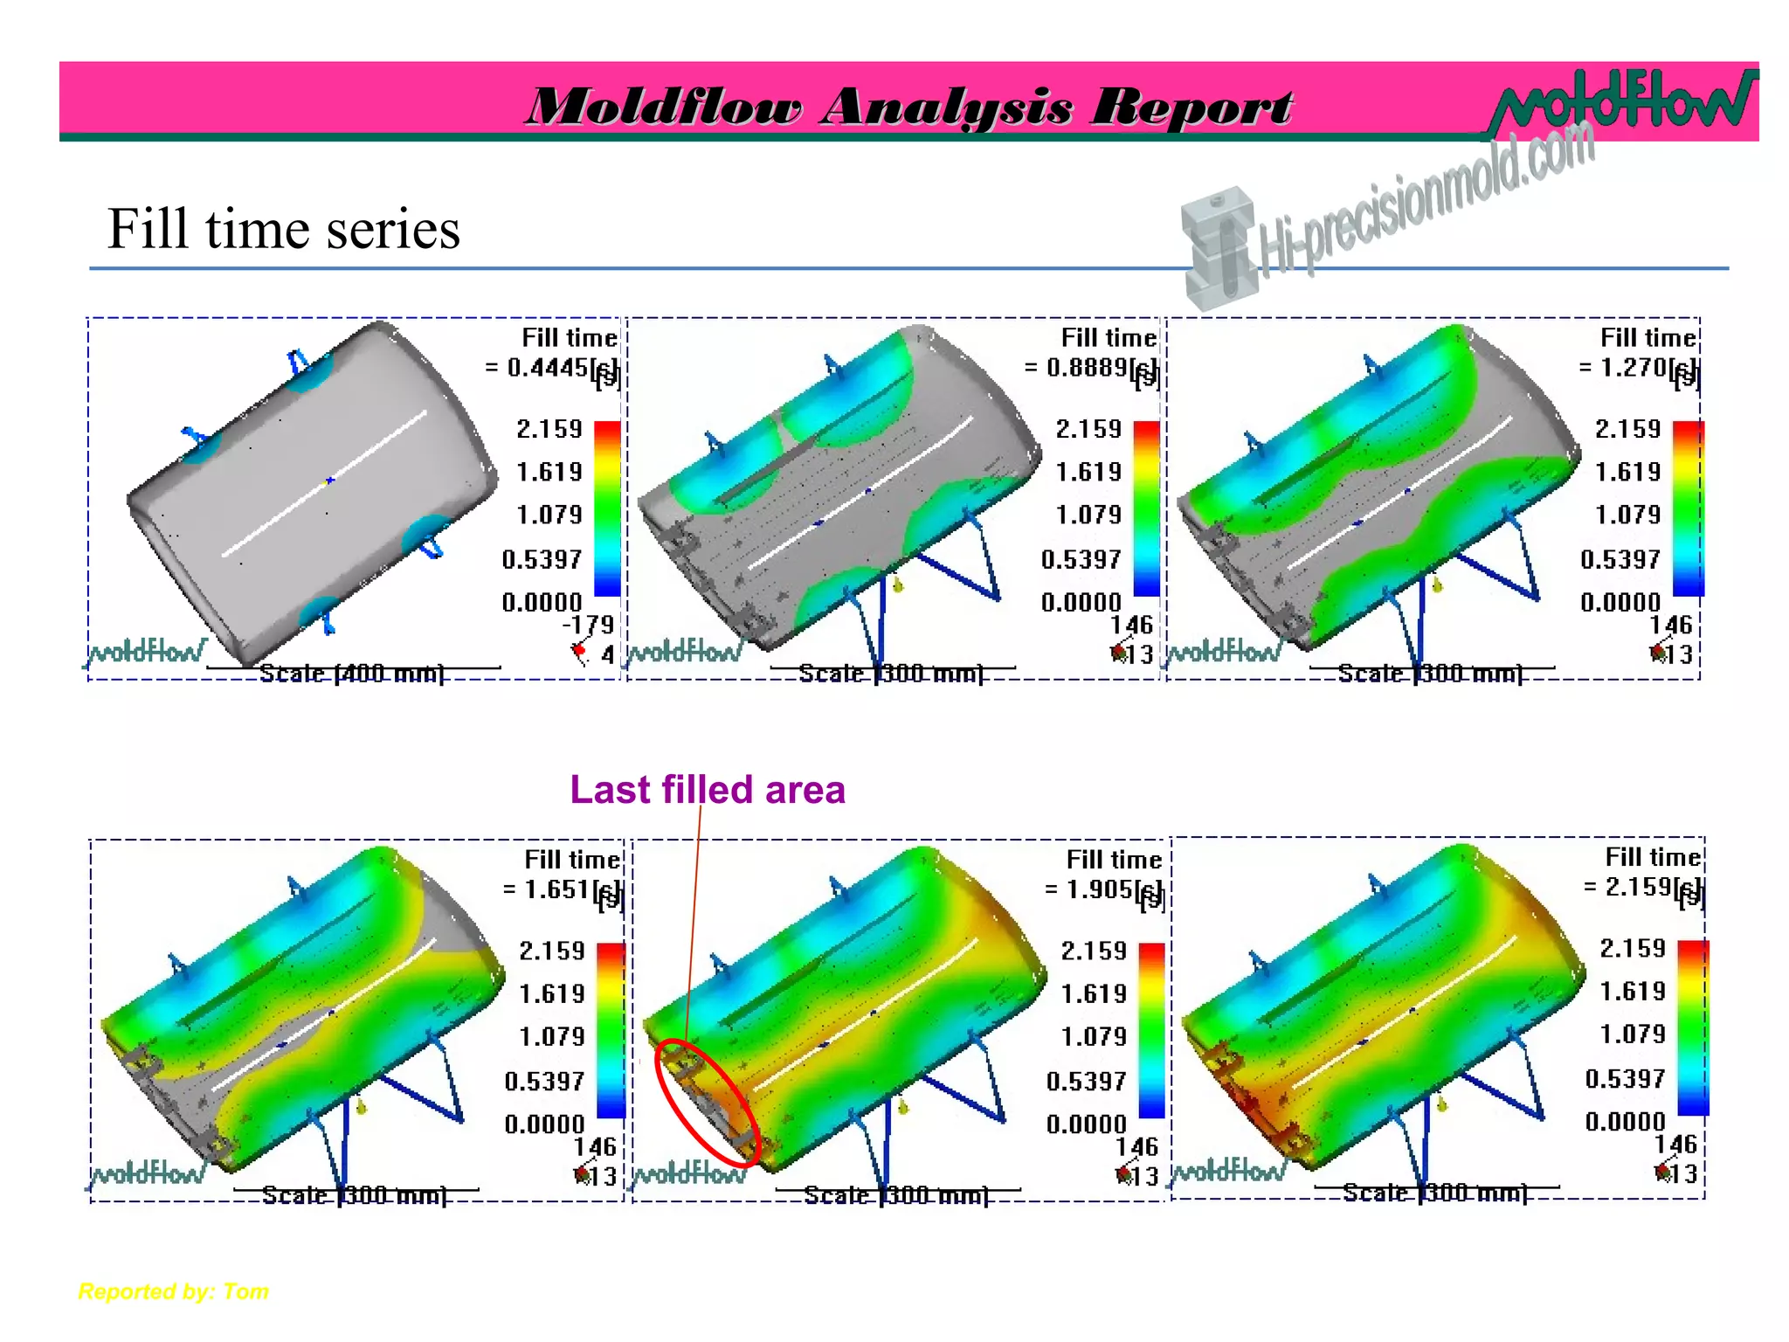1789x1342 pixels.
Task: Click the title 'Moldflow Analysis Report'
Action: [908, 107]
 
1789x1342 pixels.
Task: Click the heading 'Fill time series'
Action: [283, 229]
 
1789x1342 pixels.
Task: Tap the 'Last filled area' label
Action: [707, 790]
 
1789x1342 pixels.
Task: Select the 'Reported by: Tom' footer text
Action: [173, 1291]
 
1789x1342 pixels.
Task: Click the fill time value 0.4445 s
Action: [550, 368]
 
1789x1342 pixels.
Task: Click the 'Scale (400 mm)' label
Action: [352, 674]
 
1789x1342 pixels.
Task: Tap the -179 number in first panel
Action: [588, 625]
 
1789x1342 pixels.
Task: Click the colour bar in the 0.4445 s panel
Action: [607, 508]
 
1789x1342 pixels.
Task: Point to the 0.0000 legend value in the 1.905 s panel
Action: [1087, 1124]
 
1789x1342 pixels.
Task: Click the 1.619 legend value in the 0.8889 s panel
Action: [1088, 472]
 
